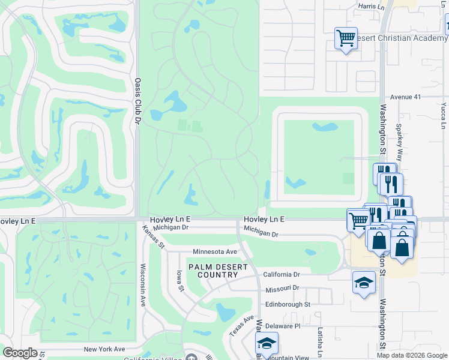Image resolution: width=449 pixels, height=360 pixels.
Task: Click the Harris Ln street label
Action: (x=371, y=6)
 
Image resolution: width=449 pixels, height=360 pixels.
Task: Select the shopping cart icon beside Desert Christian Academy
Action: (x=346, y=38)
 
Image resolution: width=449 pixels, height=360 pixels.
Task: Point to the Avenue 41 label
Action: (x=406, y=97)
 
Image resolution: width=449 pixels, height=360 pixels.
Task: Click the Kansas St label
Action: (x=153, y=236)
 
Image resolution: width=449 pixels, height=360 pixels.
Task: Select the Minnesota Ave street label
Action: (x=214, y=251)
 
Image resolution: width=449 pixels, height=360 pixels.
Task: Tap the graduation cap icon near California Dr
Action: (x=364, y=282)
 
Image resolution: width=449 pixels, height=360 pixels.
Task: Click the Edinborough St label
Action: (x=288, y=304)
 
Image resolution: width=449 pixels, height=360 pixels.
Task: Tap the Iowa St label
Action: (x=179, y=280)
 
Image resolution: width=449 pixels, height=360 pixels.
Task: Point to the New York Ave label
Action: (x=104, y=349)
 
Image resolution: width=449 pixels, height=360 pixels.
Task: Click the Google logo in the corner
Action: (x=20, y=353)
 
